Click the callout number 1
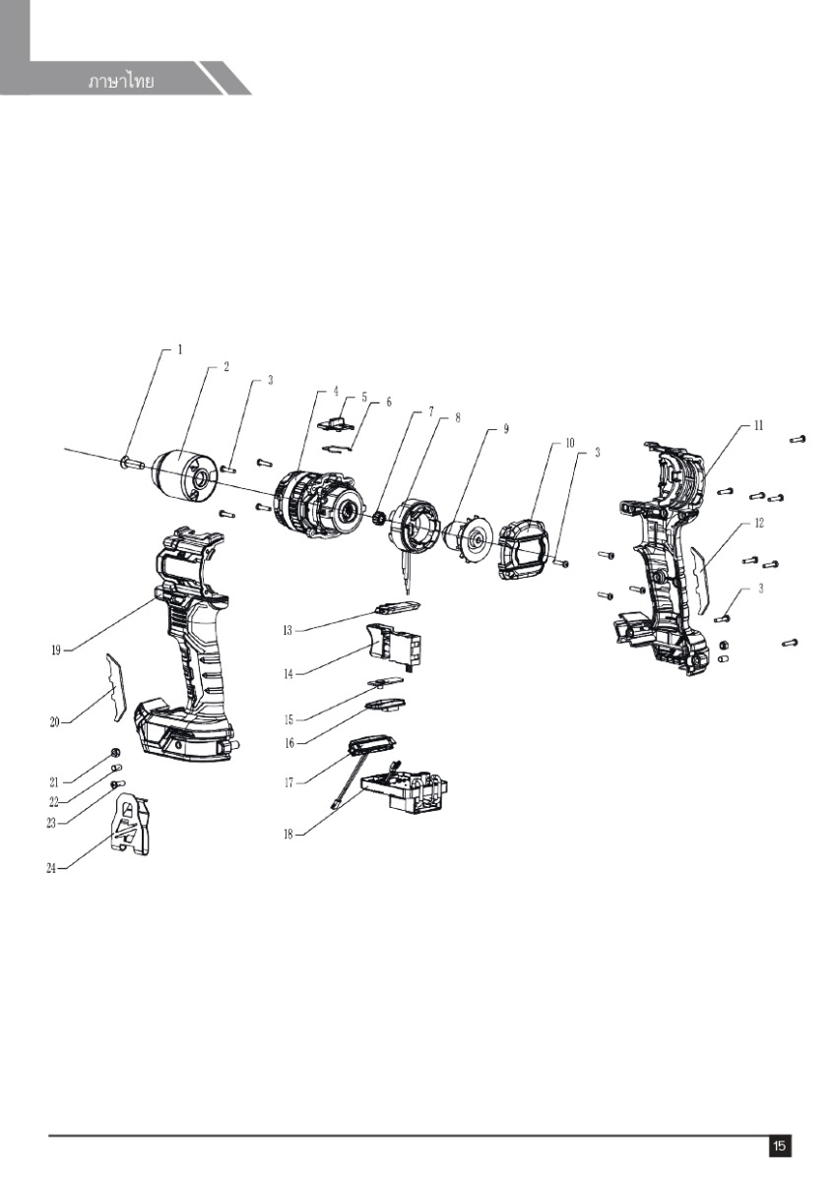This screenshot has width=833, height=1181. click(180, 349)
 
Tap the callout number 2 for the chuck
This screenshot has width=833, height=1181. click(226, 367)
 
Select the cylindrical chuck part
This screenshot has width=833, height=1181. click(186, 475)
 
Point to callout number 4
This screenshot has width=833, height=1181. click(336, 392)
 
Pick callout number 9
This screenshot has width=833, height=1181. click(506, 429)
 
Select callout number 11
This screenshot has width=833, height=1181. click(758, 426)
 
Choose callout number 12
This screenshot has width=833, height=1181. click(758, 524)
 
